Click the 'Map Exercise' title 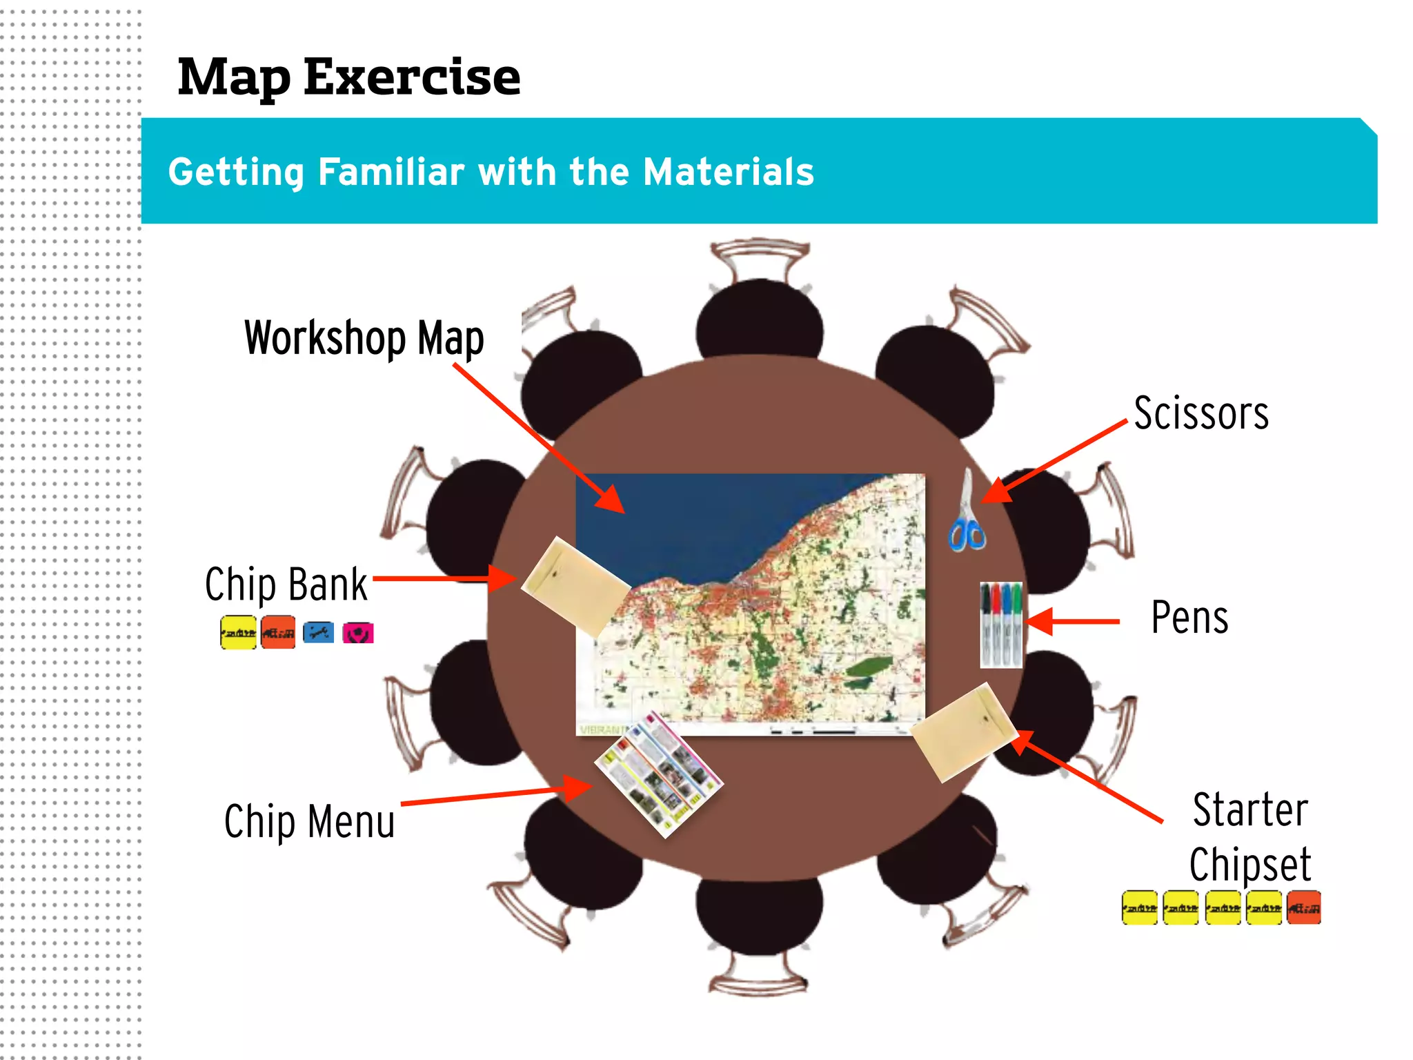tap(348, 77)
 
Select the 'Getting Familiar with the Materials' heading tap(491, 171)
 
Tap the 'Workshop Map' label tap(364, 338)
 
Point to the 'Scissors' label tap(1200, 413)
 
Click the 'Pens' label tap(1189, 617)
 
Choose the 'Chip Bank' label tap(286, 585)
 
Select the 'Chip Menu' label tap(309, 821)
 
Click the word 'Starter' tap(1250, 809)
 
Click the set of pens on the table tap(1000, 624)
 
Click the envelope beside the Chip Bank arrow tap(575, 586)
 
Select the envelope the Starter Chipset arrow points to tap(964, 732)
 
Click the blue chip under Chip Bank tap(318, 632)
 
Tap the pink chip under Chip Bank tap(358, 632)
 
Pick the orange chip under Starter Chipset tap(1303, 907)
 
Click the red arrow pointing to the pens tap(1074, 621)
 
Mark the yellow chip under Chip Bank tap(238, 633)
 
